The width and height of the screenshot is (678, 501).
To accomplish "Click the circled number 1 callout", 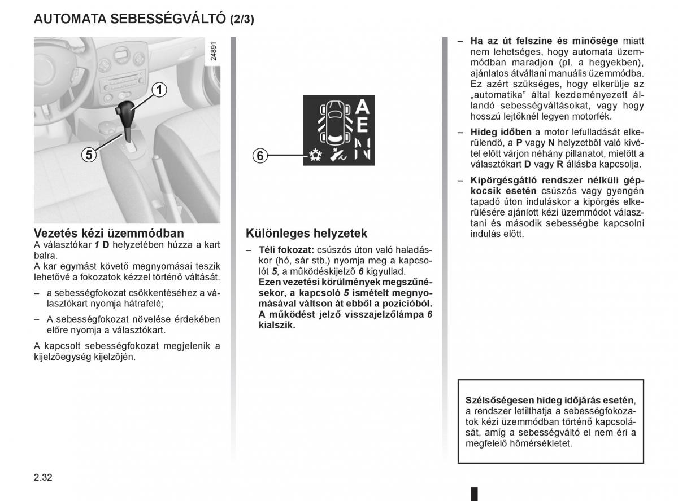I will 160,90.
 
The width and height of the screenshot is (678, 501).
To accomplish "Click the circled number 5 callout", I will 88,154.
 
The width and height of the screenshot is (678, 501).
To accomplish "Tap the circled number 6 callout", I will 259,156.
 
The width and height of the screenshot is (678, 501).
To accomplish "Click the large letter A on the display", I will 363,106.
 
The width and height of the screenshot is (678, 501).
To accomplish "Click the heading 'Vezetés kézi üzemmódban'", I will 108,233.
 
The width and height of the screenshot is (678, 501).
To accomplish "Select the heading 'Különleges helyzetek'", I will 306,233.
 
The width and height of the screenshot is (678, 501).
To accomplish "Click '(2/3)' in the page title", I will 241,19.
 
